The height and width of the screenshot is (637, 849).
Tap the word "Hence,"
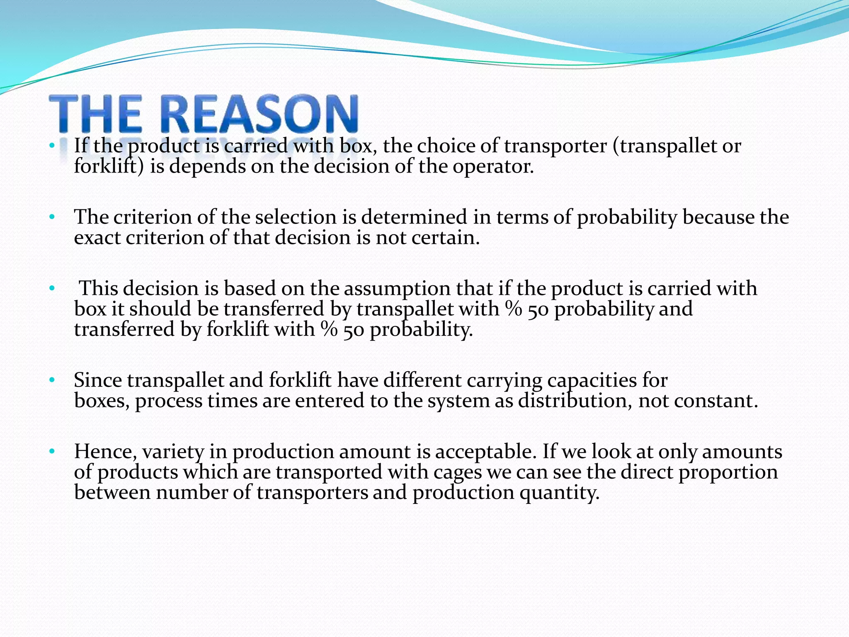(105, 452)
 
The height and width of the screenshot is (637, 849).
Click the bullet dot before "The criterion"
(52, 217)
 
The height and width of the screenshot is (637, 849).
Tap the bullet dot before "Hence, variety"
(52, 451)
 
